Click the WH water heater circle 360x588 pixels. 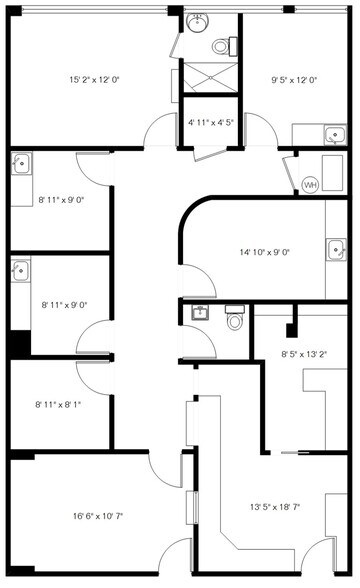pyautogui.click(x=310, y=185)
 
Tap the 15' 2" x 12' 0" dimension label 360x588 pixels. pyautogui.click(x=94, y=80)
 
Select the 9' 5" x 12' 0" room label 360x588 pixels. pyautogui.click(x=294, y=80)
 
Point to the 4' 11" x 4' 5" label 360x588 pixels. pyautogui.click(x=211, y=122)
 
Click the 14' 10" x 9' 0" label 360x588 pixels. pyautogui.click(x=265, y=252)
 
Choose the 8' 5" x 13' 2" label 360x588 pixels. pyautogui.click(x=304, y=354)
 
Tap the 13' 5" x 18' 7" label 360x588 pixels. pyautogui.click(x=275, y=507)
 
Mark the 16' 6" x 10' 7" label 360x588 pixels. pyautogui.click(x=98, y=516)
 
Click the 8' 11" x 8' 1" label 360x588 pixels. pyautogui.click(x=58, y=404)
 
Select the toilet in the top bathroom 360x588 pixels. pyautogui.click(x=224, y=46)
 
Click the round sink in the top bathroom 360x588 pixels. pyautogui.click(x=198, y=23)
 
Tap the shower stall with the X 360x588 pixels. pyautogui.click(x=210, y=77)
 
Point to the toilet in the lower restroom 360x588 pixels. pyautogui.click(x=235, y=317)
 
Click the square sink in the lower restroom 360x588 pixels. pyautogui.click(x=201, y=312)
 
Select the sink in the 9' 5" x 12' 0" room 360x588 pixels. pyautogui.click(x=335, y=135)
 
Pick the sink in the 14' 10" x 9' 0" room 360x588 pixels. pyautogui.click(x=336, y=249)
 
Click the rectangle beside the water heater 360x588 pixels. pyautogui.click(x=332, y=173)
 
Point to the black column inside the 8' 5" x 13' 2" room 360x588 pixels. pyautogui.click(x=291, y=330)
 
